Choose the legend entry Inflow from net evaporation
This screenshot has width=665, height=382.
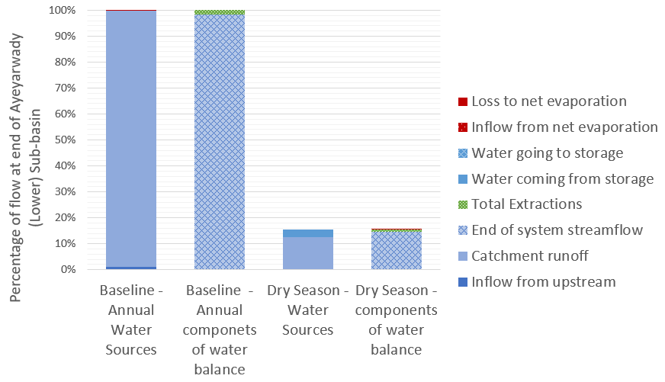[x=564, y=127]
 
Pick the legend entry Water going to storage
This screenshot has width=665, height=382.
[x=547, y=153]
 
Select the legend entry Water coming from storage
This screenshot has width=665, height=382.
[x=562, y=179]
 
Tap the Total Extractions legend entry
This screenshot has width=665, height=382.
[x=527, y=204]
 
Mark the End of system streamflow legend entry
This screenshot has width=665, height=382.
[x=557, y=230]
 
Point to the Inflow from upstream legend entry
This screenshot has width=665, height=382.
[x=543, y=282]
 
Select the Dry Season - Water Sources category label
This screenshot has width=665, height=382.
[x=308, y=310]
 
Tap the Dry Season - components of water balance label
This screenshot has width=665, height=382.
[x=397, y=320]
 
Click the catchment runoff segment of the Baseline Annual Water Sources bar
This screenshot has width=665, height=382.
[x=130, y=137]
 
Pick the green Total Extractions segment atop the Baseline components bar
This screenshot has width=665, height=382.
[x=220, y=13]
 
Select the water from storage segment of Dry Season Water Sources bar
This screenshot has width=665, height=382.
[x=308, y=233]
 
